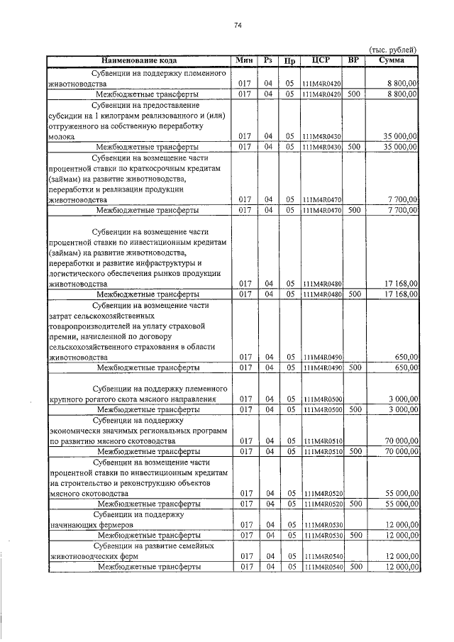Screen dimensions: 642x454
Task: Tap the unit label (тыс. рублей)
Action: click(x=393, y=49)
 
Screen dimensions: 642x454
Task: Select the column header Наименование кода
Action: click(x=143, y=60)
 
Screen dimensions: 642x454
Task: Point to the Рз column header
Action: click(x=268, y=60)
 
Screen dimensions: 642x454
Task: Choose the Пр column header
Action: click(x=289, y=60)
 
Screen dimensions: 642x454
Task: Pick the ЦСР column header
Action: click(x=321, y=60)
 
